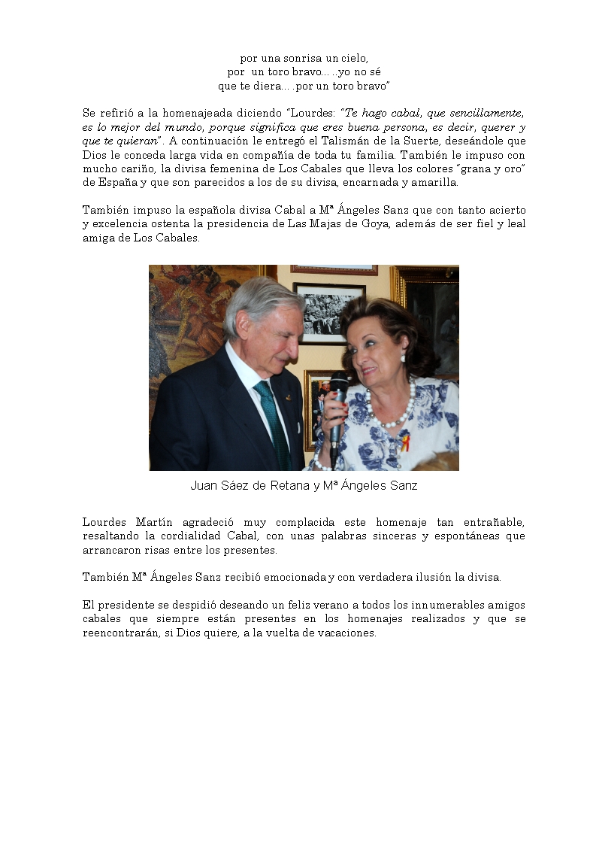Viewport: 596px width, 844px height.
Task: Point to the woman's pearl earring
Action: [x=403, y=358]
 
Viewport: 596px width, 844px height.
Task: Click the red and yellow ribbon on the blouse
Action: [x=405, y=442]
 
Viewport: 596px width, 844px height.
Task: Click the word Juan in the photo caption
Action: [x=204, y=486]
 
